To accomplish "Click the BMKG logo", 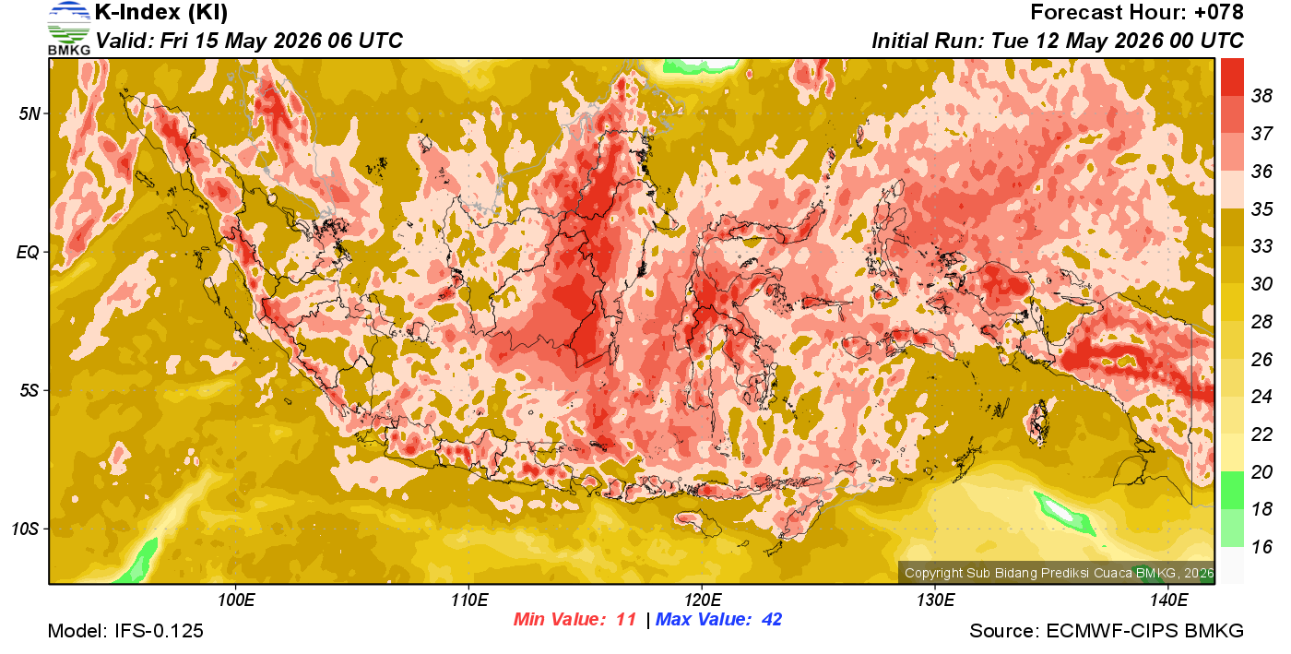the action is coord(68,29).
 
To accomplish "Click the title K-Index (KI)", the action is coord(161,12).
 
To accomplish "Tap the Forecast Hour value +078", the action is coord(1218,12).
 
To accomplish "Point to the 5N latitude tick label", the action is coord(30,113).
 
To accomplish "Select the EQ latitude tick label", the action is coord(29,252).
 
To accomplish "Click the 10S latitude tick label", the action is coord(26,529).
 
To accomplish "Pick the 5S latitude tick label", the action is coord(30,390).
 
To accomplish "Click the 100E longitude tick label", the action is coord(236,600).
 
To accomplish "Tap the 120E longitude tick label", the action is coord(703,600).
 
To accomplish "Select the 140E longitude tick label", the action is coord(1168,600).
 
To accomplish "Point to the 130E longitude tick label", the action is coord(935,600).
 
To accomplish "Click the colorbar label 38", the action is coord(1261,96).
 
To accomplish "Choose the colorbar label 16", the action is coord(1261,547).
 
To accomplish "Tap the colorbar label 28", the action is coord(1261,321).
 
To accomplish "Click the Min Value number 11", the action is coord(626,619).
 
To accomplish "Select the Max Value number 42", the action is coord(772,619).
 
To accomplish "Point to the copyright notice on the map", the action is coord(1059,573).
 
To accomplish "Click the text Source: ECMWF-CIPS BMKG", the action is coord(1107,631).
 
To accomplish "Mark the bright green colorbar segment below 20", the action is coord(1232,490).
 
